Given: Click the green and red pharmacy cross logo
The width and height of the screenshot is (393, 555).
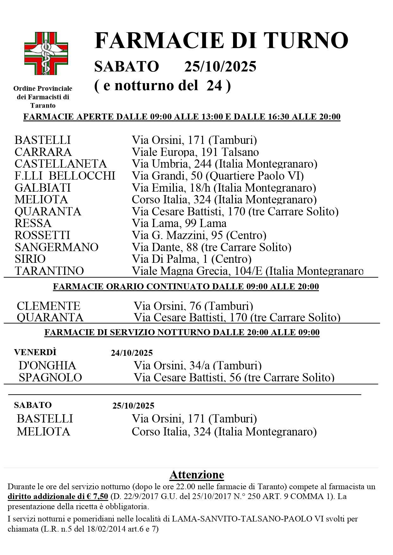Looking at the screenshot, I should pyautogui.click(x=46, y=53).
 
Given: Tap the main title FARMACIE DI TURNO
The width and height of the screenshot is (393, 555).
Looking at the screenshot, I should pyautogui.click(x=221, y=40).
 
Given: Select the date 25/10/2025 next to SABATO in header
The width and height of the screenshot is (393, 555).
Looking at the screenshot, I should pyautogui.click(x=220, y=67).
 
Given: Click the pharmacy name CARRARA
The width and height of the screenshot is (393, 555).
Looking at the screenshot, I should pyautogui.click(x=43, y=152).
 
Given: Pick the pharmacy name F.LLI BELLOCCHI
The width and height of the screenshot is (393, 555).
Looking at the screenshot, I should pyautogui.click(x=65, y=176).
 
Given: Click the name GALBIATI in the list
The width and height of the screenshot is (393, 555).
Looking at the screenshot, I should pyautogui.click(x=42, y=188).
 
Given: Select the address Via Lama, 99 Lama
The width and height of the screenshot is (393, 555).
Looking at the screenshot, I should pyautogui.click(x=179, y=223).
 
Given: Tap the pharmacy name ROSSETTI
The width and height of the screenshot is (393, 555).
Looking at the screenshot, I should pyautogui.click(x=42, y=235).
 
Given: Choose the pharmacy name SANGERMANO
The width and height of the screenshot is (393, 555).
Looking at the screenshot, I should pyautogui.click(x=56, y=247).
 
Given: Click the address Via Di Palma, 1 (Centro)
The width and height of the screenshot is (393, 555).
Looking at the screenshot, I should pyautogui.click(x=192, y=259).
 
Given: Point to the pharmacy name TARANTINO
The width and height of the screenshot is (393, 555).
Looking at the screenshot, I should pyautogui.click(x=49, y=271).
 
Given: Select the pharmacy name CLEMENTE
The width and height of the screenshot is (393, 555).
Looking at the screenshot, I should pyautogui.click(x=48, y=306).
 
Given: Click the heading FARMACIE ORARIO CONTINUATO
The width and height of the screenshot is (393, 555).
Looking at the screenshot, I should pyautogui.click(x=186, y=287).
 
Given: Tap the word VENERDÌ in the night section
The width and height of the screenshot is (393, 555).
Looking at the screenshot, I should pyautogui.click(x=35, y=352).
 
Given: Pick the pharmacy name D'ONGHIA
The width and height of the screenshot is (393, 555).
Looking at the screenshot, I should pyautogui.click(x=48, y=366).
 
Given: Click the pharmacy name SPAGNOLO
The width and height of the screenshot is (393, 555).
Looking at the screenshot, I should pyautogui.click(x=50, y=378).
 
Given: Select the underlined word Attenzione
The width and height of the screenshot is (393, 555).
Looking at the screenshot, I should pyautogui.click(x=197, y=475).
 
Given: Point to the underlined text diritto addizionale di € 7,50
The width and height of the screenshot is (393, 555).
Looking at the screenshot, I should pyautogui.click(x=58, y=496).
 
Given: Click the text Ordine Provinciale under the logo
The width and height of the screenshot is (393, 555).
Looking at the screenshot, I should pyautogui.click(x=43, y=89).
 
